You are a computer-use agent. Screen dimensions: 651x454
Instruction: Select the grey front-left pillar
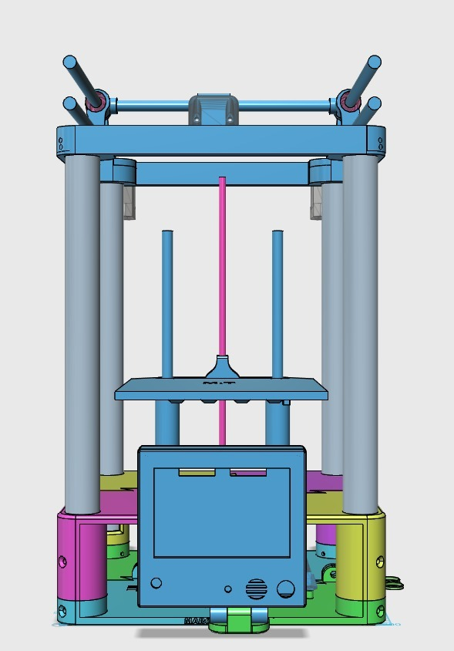click(x=82, y=332)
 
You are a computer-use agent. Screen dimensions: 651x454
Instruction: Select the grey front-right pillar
click(x=360, y=332)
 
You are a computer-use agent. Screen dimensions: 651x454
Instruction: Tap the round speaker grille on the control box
click(x=255, y=589)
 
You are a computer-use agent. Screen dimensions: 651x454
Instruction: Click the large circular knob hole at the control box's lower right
click(x=285, y=589)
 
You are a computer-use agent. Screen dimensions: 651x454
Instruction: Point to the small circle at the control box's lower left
click(x=156, y=584)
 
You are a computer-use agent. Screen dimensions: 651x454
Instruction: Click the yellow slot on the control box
click(x=197, y=472)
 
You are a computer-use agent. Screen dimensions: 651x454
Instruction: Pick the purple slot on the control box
click(x=249, y=472)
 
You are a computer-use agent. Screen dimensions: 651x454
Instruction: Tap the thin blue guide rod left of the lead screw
click(x=166, y=301)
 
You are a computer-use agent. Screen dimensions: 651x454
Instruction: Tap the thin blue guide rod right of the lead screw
click(x=277, y=301)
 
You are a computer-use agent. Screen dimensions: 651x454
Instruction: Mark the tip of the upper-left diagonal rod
click(x=69, y=61)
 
